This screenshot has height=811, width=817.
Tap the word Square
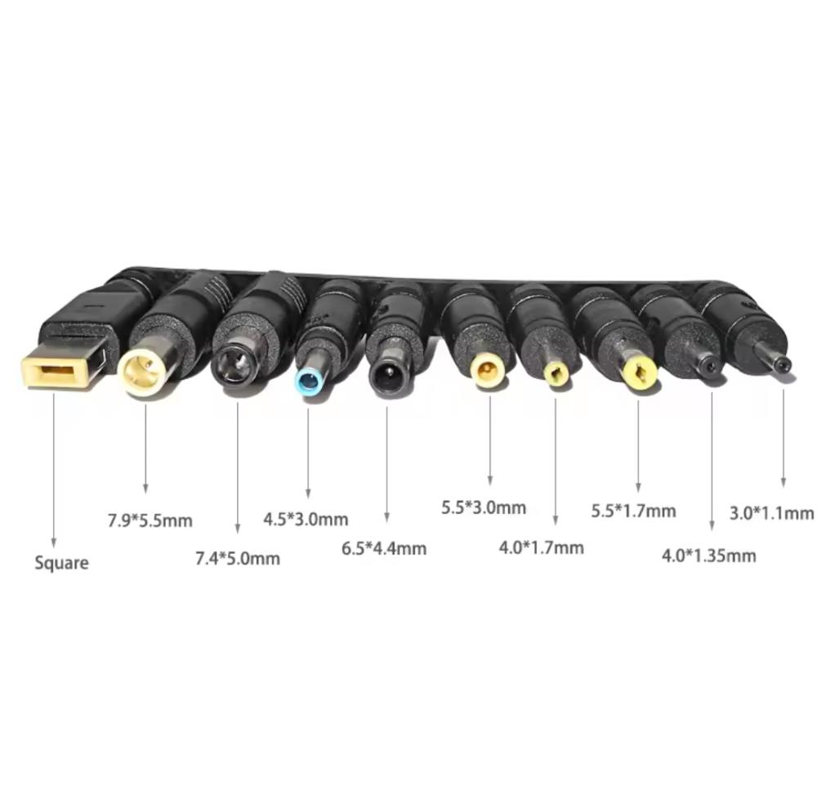point(61,563)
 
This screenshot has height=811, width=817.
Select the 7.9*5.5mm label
point(150,520)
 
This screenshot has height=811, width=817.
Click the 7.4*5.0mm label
point(238,559)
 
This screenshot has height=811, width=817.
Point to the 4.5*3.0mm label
point(306,519)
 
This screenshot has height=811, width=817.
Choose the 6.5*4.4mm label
point(384,548)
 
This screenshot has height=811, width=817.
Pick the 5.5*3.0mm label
point(484,507)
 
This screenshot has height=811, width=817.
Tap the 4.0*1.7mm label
point(542,547)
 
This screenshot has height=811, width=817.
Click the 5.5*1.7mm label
point(634,511)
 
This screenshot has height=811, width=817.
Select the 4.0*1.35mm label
point(708,555)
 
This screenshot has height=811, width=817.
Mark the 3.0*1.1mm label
point(771,514)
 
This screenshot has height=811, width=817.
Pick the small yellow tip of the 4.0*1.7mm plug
point(556,373)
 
